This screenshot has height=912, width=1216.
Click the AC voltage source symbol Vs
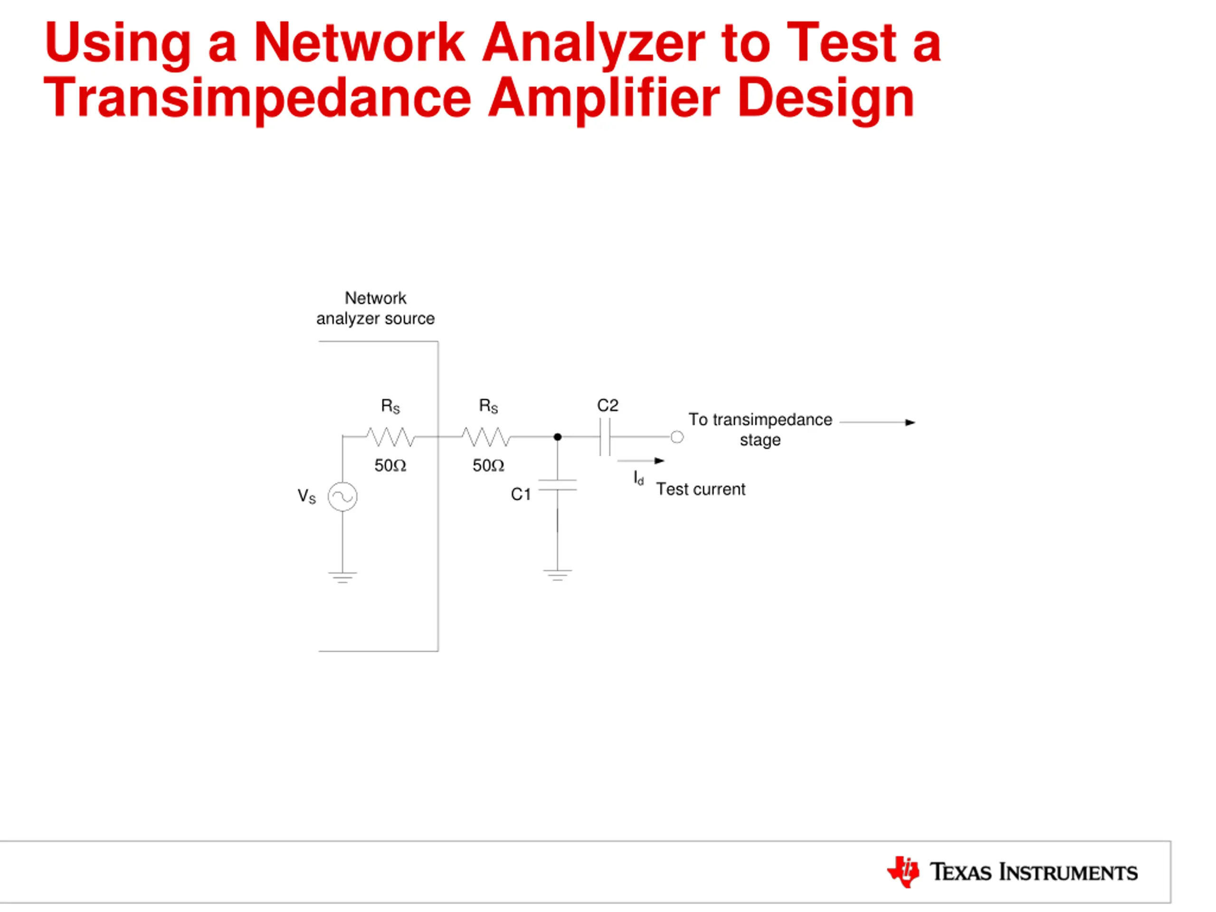[342, 496]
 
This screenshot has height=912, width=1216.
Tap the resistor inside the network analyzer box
[390, 437]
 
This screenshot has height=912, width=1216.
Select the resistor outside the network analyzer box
[486, 437]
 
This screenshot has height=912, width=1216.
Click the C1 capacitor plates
[558, 485]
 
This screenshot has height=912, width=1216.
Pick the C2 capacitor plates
[605, 437]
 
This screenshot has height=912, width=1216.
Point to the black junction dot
[558, 437]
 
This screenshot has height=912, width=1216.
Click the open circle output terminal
[677, 437]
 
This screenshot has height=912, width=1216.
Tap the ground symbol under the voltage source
[342, 577]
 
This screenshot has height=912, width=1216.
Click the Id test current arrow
[641, 461]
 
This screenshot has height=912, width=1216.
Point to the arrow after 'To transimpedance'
[877, 422]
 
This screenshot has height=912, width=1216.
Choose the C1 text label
[521, 494]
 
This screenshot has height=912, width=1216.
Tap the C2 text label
[608, 406]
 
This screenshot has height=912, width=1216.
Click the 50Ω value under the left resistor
[390, 465]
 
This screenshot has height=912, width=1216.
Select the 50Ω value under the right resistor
[488, 465]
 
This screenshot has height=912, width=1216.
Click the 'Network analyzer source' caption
[375, 308]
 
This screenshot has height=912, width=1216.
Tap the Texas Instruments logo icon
[903, 871]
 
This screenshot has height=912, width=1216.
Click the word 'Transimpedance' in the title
[257, 98]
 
